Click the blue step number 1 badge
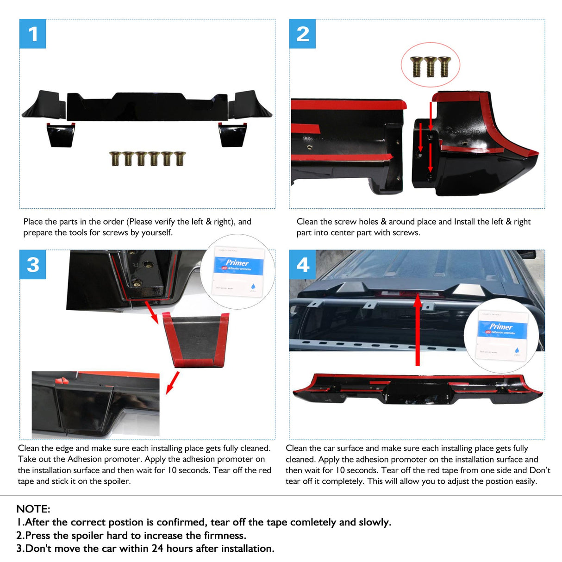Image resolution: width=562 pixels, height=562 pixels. pyautogui.click(x=33, y=34)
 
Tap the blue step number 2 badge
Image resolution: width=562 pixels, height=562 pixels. pyautogui.click(x=302, y=34)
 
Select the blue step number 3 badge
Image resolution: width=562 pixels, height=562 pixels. pyautogui.click(x=33, y=265)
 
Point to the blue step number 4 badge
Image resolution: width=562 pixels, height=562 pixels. pyautogui.click(x=302, y=265)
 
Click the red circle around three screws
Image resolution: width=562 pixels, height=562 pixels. pyautogui.click(x=430, y=65)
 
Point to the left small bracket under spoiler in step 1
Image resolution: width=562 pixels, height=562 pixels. pyautogui.click(x=61, y=135)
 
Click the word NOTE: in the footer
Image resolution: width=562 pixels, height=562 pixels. pyautogui.click(x=33, y=509)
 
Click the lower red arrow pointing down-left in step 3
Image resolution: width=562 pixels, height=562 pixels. pyautogui.click(x=172, y=383)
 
